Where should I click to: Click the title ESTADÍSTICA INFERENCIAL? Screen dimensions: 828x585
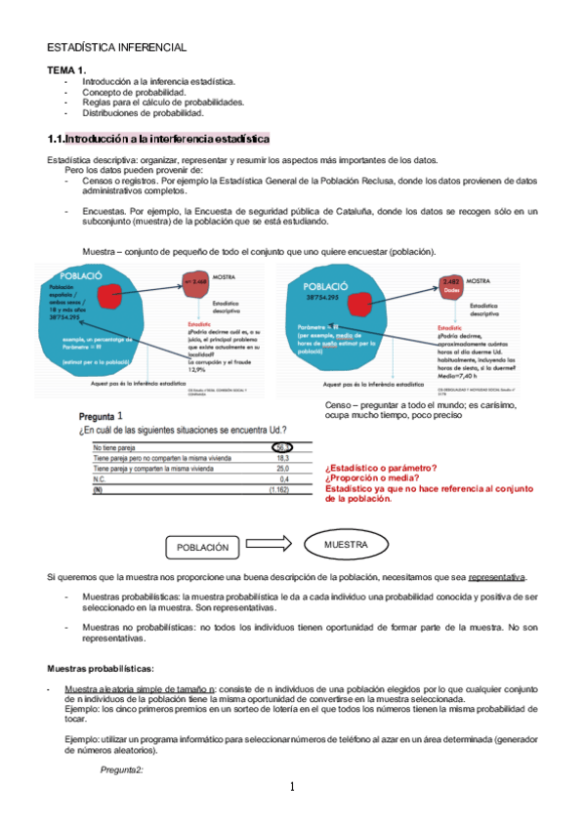pos(117,48)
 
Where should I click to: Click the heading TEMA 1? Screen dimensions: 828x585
pos(67,70)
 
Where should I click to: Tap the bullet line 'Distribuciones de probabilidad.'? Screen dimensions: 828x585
pos(143,113)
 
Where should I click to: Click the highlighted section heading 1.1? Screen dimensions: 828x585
pos(158,140)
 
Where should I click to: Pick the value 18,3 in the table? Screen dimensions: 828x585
pos(283,458)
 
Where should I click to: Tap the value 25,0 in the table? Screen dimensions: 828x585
pos(283,469)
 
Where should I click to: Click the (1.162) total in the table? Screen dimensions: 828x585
pos(279,490)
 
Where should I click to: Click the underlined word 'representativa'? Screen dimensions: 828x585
pos(496,576)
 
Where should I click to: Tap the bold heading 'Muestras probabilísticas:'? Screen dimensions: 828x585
pos(101,669)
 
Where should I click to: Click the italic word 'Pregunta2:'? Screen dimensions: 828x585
pos(121,771)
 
